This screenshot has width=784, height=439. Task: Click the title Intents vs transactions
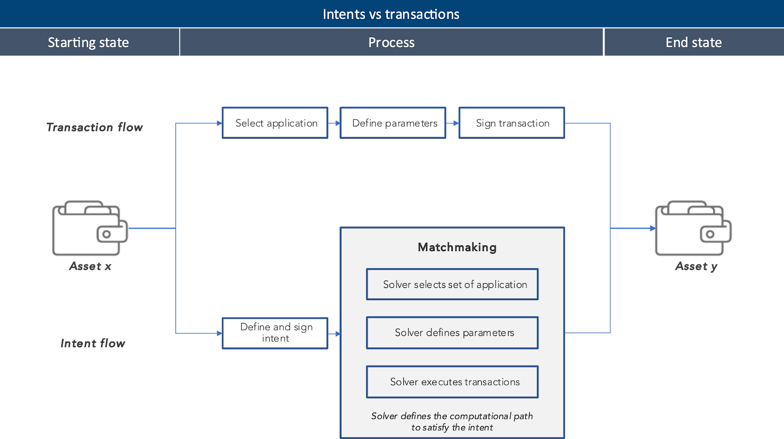click(x=391, y=14)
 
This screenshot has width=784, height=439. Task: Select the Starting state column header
click(x=89, y=43)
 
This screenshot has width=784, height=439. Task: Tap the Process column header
click(x=391, y=43)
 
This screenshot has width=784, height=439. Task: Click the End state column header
click(x=693, y=43)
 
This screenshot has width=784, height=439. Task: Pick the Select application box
click(x=275, y=123)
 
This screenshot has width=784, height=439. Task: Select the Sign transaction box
click(x=512, y=123)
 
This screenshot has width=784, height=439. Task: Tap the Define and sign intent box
click(x=275, y=333)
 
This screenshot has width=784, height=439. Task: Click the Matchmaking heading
click(x=457, y=247)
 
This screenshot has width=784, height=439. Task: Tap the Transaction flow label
click(x=95, y=128)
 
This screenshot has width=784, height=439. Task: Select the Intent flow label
click(x=93, y=343)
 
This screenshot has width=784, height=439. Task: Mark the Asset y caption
click(x=696, y=266)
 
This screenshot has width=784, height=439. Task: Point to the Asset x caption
click(x=91, y=266)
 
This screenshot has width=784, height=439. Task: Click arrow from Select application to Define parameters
click(x=334, y=123)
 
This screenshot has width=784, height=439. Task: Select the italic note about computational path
click(x=452, y=422)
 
